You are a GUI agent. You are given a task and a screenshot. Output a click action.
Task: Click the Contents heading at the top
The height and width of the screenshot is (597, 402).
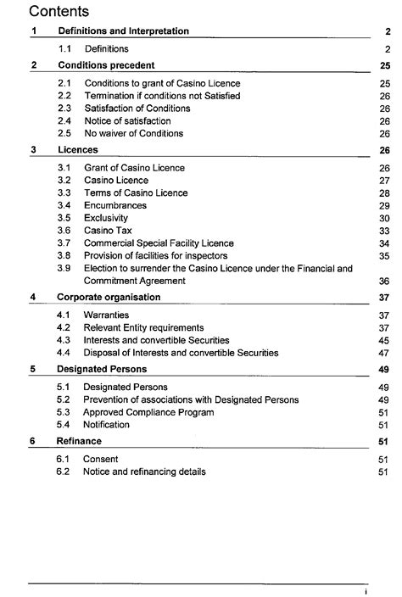click(x=60, y=12)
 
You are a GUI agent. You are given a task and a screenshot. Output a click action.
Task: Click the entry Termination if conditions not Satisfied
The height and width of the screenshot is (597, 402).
click(x=161, y=96)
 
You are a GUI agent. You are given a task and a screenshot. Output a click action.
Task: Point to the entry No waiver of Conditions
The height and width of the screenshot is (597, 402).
click(x=133, y=134)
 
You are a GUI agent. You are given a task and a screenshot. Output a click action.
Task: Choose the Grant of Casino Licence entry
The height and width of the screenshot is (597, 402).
click(x=134, y=168)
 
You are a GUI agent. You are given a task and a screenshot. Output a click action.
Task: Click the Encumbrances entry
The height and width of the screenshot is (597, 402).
click(x=114, y=205)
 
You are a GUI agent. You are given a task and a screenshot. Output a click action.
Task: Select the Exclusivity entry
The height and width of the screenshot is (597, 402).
click(x=107, y=218)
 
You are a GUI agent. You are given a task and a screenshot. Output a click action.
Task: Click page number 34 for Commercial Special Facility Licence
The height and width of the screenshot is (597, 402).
click(x=383, y=243)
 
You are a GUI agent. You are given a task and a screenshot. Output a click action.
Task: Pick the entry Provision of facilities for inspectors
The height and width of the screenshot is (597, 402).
click(x=168, y=256)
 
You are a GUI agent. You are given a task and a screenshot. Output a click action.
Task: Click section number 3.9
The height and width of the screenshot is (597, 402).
click(x=64, y=269)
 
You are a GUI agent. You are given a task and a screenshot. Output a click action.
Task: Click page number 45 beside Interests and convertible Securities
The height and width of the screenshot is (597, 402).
click(x=383, y=340)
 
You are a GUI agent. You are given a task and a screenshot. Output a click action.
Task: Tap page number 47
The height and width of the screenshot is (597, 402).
click(x=383, y=353)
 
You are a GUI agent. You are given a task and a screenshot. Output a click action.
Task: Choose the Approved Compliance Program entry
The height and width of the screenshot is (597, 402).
click(x=148, y=412)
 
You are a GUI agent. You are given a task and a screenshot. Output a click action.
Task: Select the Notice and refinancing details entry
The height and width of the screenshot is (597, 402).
click(x=144, y=471)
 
